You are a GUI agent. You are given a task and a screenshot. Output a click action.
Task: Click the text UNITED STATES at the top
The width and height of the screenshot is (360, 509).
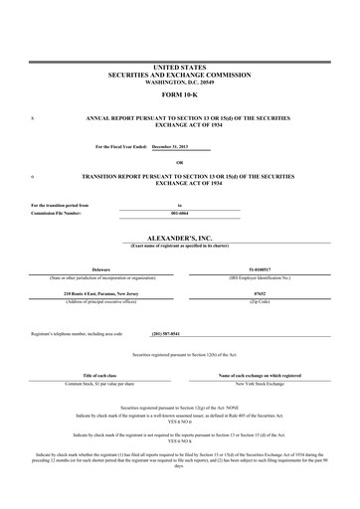click(x=180, y=67)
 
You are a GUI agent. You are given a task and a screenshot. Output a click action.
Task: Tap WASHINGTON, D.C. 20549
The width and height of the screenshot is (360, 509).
click(x=180, y=82)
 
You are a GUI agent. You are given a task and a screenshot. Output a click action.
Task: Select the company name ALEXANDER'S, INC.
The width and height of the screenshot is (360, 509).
click(x=180, y=240)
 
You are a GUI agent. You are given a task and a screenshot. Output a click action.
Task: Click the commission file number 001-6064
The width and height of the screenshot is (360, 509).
click(x=179, y=213)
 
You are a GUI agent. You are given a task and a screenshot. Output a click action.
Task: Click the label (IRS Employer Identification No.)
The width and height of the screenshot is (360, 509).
click(x=263, y=276)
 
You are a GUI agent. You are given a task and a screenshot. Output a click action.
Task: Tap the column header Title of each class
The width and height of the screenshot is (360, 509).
click(x=100, y=375)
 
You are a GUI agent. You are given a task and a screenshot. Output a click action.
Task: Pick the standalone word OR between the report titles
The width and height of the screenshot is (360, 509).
click(x=180, y=162)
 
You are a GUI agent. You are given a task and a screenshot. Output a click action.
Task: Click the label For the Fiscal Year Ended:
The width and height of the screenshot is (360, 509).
click(x=120, y=146)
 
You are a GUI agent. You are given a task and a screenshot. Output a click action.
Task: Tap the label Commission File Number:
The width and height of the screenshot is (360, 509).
click(x=56, y=213)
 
